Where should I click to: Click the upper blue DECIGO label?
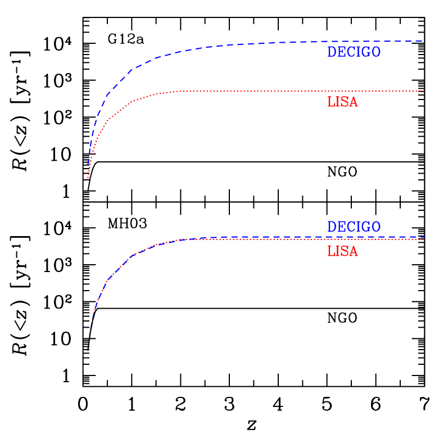[354, 52]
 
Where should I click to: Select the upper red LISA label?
[342, 102]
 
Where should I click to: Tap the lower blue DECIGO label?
[354, 227]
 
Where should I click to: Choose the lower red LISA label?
[342, 251]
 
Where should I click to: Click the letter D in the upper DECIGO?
[332, 52]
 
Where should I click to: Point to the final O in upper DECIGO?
[375, 52]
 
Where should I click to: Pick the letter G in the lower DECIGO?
[365, 227]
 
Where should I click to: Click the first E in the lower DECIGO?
[341, 227]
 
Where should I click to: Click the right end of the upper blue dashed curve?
[423, 41]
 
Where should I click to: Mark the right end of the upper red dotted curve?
[423, 91]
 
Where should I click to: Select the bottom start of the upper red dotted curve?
[88, 178]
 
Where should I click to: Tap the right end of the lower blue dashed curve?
[423, 237]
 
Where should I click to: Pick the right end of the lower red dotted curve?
[423, 240]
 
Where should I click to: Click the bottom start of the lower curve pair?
[88, 349]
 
